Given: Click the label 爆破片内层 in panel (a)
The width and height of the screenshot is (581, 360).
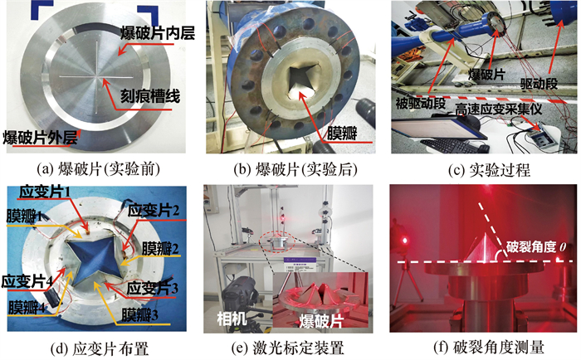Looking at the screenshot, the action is pos(157,34).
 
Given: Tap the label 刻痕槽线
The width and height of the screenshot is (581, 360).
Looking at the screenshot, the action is pos(150,96).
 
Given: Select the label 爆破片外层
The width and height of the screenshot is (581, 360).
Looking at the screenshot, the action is pos(41,138).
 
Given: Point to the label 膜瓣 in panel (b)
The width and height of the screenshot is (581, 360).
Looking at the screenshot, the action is pos(342,134).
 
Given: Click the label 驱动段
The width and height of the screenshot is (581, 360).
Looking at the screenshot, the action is pos(539,84).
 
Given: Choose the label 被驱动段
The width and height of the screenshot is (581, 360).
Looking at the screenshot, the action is pos(420,104).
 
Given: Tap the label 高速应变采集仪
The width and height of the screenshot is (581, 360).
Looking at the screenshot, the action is pos(498,109).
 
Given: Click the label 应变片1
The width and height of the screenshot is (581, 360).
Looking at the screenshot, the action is pos(45,192).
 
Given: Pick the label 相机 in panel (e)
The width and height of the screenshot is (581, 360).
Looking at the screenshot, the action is pos(232,319).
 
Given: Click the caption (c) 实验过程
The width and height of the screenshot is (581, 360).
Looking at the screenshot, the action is pos(489,170).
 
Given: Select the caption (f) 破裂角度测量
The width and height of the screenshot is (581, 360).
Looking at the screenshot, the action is pos(489,348).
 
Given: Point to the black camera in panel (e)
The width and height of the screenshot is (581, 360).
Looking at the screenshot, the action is pos(239,294).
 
